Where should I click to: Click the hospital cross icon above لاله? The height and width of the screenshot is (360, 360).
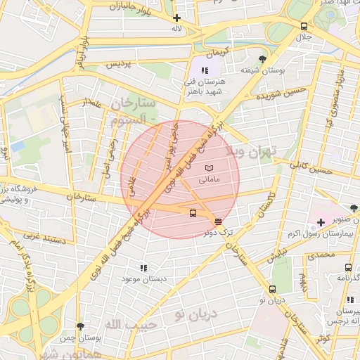[176, 18]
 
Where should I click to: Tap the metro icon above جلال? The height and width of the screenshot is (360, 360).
[304, 25]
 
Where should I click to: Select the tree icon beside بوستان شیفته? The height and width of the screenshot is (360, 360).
[262, 59]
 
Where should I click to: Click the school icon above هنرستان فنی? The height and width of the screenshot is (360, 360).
[205, 70]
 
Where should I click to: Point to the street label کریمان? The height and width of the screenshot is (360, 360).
[217, 53]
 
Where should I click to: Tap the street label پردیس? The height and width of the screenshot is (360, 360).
[119, 64]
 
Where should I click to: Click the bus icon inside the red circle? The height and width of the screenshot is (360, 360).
[193, 214]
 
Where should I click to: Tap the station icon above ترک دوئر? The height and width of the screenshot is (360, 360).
[218, 221]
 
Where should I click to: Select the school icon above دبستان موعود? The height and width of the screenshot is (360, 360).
[143, 268]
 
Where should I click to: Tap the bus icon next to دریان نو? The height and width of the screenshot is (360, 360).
[273, 289]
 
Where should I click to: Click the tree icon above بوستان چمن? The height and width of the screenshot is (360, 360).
[79, 326]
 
